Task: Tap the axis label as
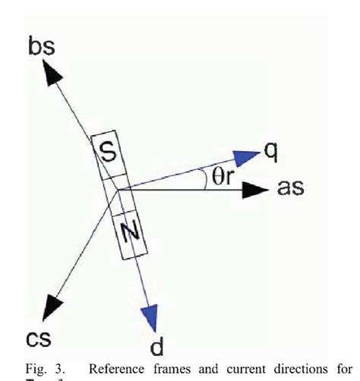click(290, 187)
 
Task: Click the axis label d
click(157, 347)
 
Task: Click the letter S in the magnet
click(109, 153)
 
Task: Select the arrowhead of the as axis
click(253, 189)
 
